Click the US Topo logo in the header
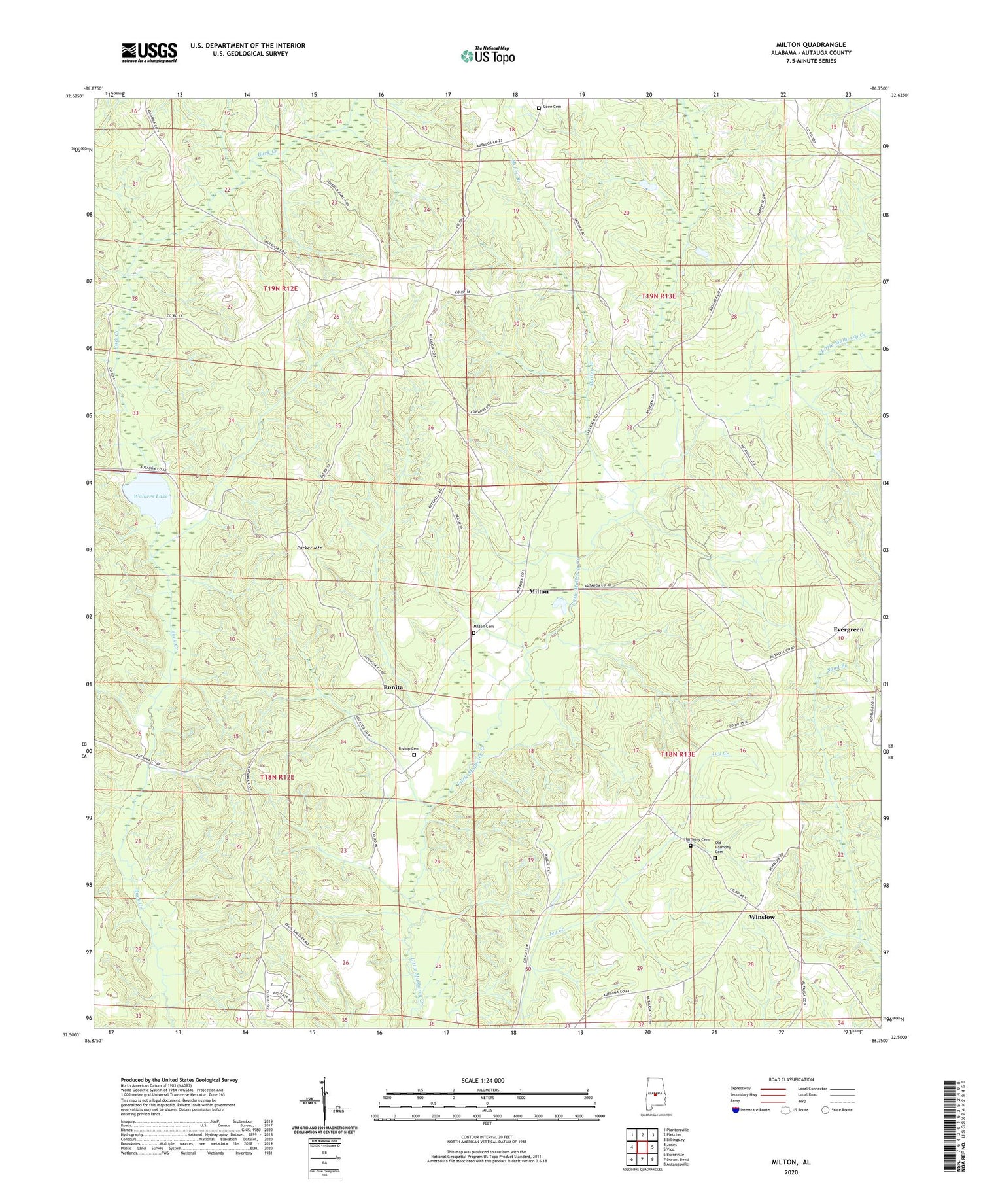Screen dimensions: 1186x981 click(487, 56)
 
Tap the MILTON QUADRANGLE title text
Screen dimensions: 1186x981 click(812, 44)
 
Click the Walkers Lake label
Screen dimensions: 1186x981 click(151, 497)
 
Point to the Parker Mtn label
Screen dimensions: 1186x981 click(309, 548)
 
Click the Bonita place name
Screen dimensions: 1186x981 click(393, 688)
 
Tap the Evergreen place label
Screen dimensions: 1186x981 click(848, 629)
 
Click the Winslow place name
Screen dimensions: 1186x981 click(761, 917)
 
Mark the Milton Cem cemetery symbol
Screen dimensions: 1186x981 click(474, 633)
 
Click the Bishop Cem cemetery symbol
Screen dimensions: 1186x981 click(413, 754)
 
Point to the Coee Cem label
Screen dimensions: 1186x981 click(552, 107)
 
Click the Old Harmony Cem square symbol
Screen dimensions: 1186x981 click(715, 858)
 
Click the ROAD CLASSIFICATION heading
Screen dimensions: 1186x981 click(791, 1079)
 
